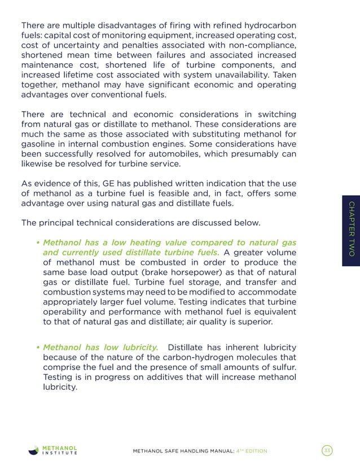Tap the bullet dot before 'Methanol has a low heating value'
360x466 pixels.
(37, 243)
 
